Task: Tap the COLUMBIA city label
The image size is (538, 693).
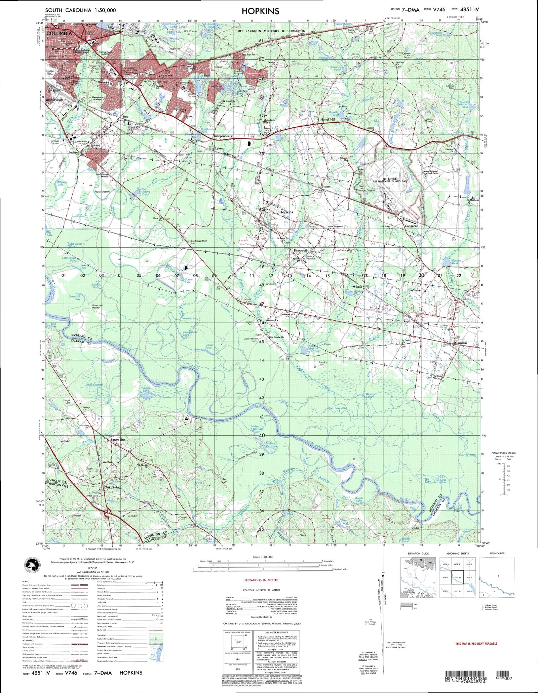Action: [59, 34]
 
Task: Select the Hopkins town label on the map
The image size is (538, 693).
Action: [286, 212]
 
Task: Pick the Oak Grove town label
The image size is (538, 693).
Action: [112, 487]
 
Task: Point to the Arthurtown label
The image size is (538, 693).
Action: [55, 100]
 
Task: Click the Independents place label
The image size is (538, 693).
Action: [223, 136]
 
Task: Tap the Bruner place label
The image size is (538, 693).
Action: [326, 186]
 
